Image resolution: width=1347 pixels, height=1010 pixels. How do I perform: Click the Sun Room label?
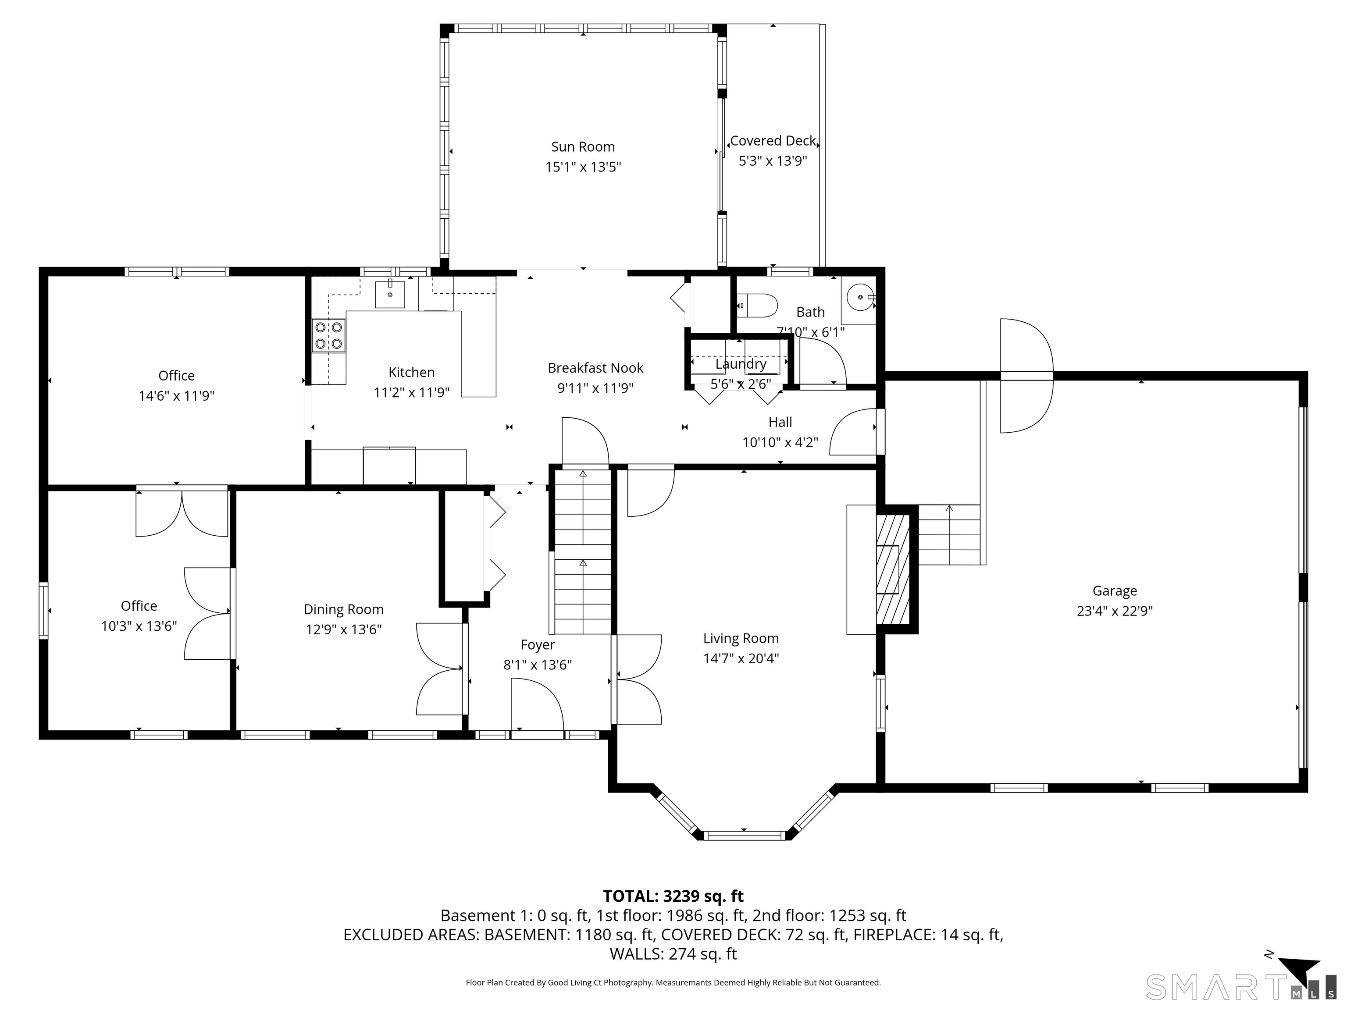583,147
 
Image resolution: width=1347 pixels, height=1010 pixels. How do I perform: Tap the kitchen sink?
390,294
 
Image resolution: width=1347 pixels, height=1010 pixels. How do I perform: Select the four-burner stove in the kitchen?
329,335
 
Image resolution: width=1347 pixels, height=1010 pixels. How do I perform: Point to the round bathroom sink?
860,297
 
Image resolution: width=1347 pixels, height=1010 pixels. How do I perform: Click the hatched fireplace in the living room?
892,569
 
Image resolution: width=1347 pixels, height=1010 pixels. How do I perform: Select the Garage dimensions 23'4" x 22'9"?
1114,611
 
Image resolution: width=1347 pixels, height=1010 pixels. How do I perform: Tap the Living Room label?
741,638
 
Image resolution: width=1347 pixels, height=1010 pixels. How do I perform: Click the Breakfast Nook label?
595,368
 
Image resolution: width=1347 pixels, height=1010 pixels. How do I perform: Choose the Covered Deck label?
773,141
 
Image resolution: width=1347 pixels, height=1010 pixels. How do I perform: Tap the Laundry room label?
741,364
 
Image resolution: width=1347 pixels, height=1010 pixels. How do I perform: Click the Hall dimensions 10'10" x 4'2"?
780,442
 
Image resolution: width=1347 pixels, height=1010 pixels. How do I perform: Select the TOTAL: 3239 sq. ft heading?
673,896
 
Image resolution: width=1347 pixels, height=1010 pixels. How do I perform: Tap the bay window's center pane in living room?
744,835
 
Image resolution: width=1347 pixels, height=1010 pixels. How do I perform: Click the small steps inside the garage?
949,534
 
